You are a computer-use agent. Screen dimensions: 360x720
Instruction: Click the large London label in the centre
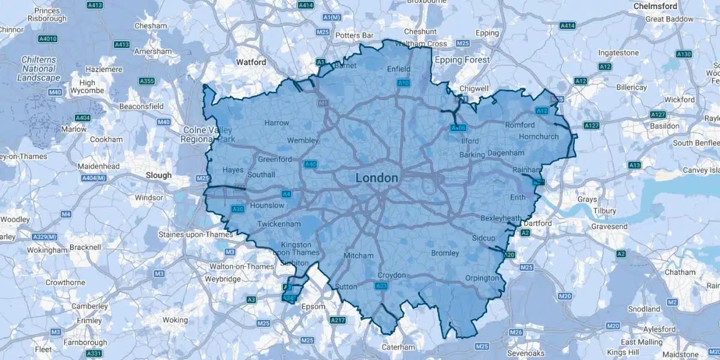[x=376, y=178]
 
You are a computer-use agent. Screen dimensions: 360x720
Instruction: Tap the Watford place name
[x=251, y=62]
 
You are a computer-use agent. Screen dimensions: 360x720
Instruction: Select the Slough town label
[x=158, y=175]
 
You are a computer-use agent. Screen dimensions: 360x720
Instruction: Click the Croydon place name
[x=391, y=275]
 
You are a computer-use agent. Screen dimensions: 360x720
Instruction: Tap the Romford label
[x=520, y=125]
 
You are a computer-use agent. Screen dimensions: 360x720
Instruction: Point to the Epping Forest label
[x=462, y=60]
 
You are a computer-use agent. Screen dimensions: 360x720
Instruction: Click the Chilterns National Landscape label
[x=38, y=69]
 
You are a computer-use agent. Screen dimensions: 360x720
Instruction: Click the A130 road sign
[x=683, y=54]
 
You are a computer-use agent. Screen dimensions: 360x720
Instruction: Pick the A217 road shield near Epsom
[x=338, y=320]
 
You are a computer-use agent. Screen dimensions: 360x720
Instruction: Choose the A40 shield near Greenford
[x=311, y=164]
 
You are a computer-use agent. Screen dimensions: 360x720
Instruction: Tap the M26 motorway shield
[x=515, y=332]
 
